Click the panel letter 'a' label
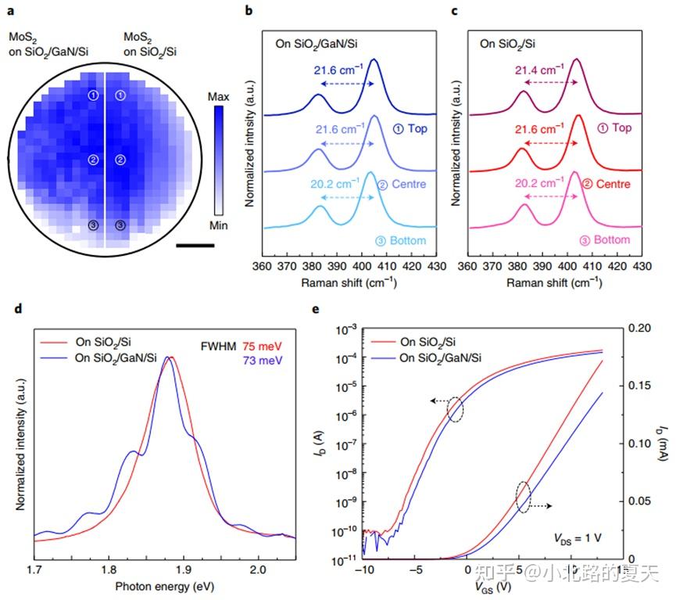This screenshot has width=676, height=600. click(x=11, y=11)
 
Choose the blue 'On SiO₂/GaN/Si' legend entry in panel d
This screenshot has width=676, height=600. click(x=113, y=360)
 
